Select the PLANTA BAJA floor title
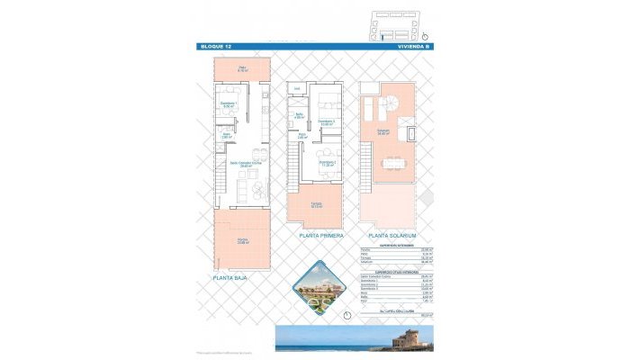pos(230,278)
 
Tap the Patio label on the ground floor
pos(242,68)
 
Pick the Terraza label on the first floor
pos(316,205)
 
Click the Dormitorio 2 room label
pos(326,163)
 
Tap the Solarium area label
pos(383,132)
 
